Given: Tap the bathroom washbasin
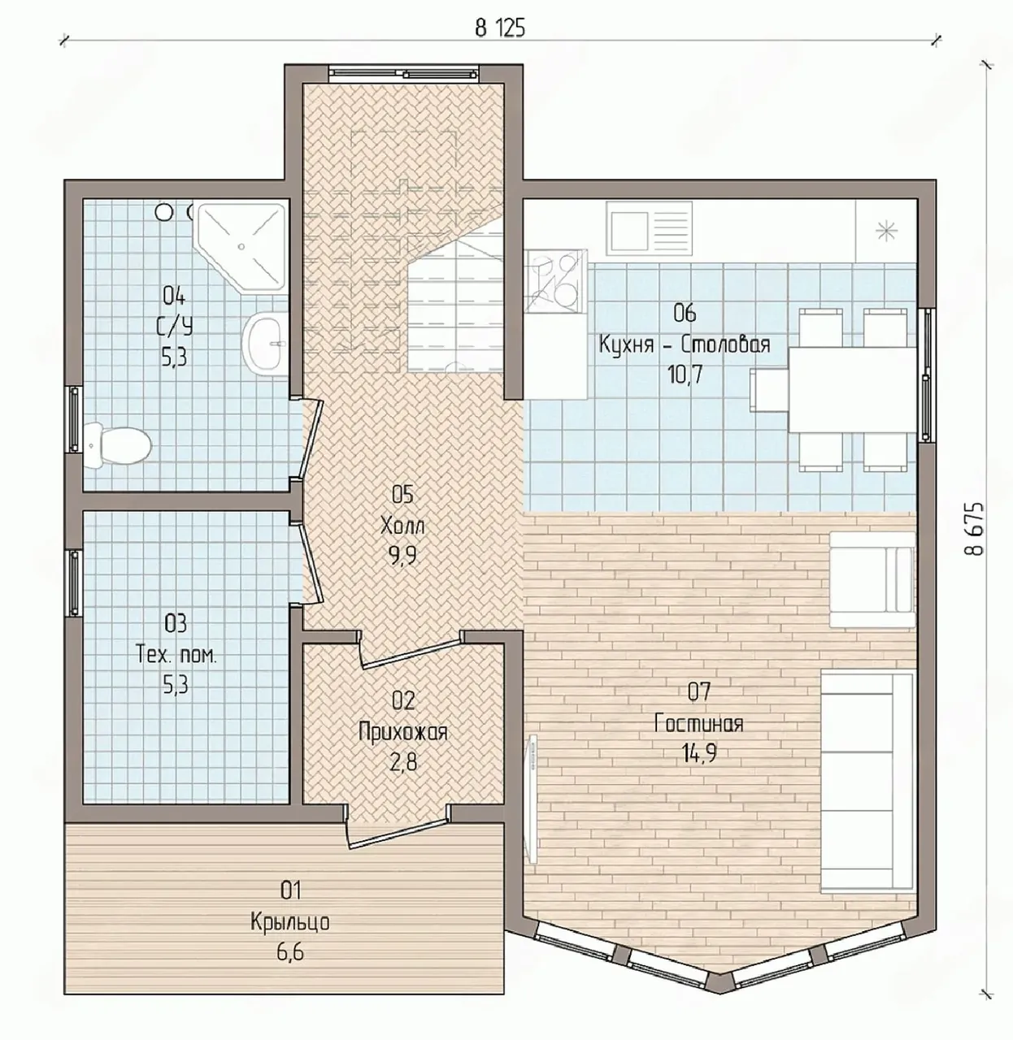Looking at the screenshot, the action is click(265, 343).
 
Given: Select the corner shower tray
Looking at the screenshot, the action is click(240, 246).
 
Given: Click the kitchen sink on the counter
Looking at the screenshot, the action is click(649, 228).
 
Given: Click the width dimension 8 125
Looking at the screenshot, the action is click(500, 28).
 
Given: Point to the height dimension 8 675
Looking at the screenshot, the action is click(975, 529).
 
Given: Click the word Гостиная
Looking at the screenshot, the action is click(699, 724).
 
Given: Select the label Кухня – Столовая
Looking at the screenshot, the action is click(684, 344).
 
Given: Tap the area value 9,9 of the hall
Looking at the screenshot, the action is click(402, 557).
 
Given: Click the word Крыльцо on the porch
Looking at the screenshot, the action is click(290, 922).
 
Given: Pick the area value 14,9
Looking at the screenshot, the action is click(698, 754).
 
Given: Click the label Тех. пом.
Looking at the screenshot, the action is click(176, 655).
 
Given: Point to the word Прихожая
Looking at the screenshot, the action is click(402, 731).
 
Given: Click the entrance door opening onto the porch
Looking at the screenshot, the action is click(398, 834).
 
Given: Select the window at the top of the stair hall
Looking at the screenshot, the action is click(404, 73).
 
